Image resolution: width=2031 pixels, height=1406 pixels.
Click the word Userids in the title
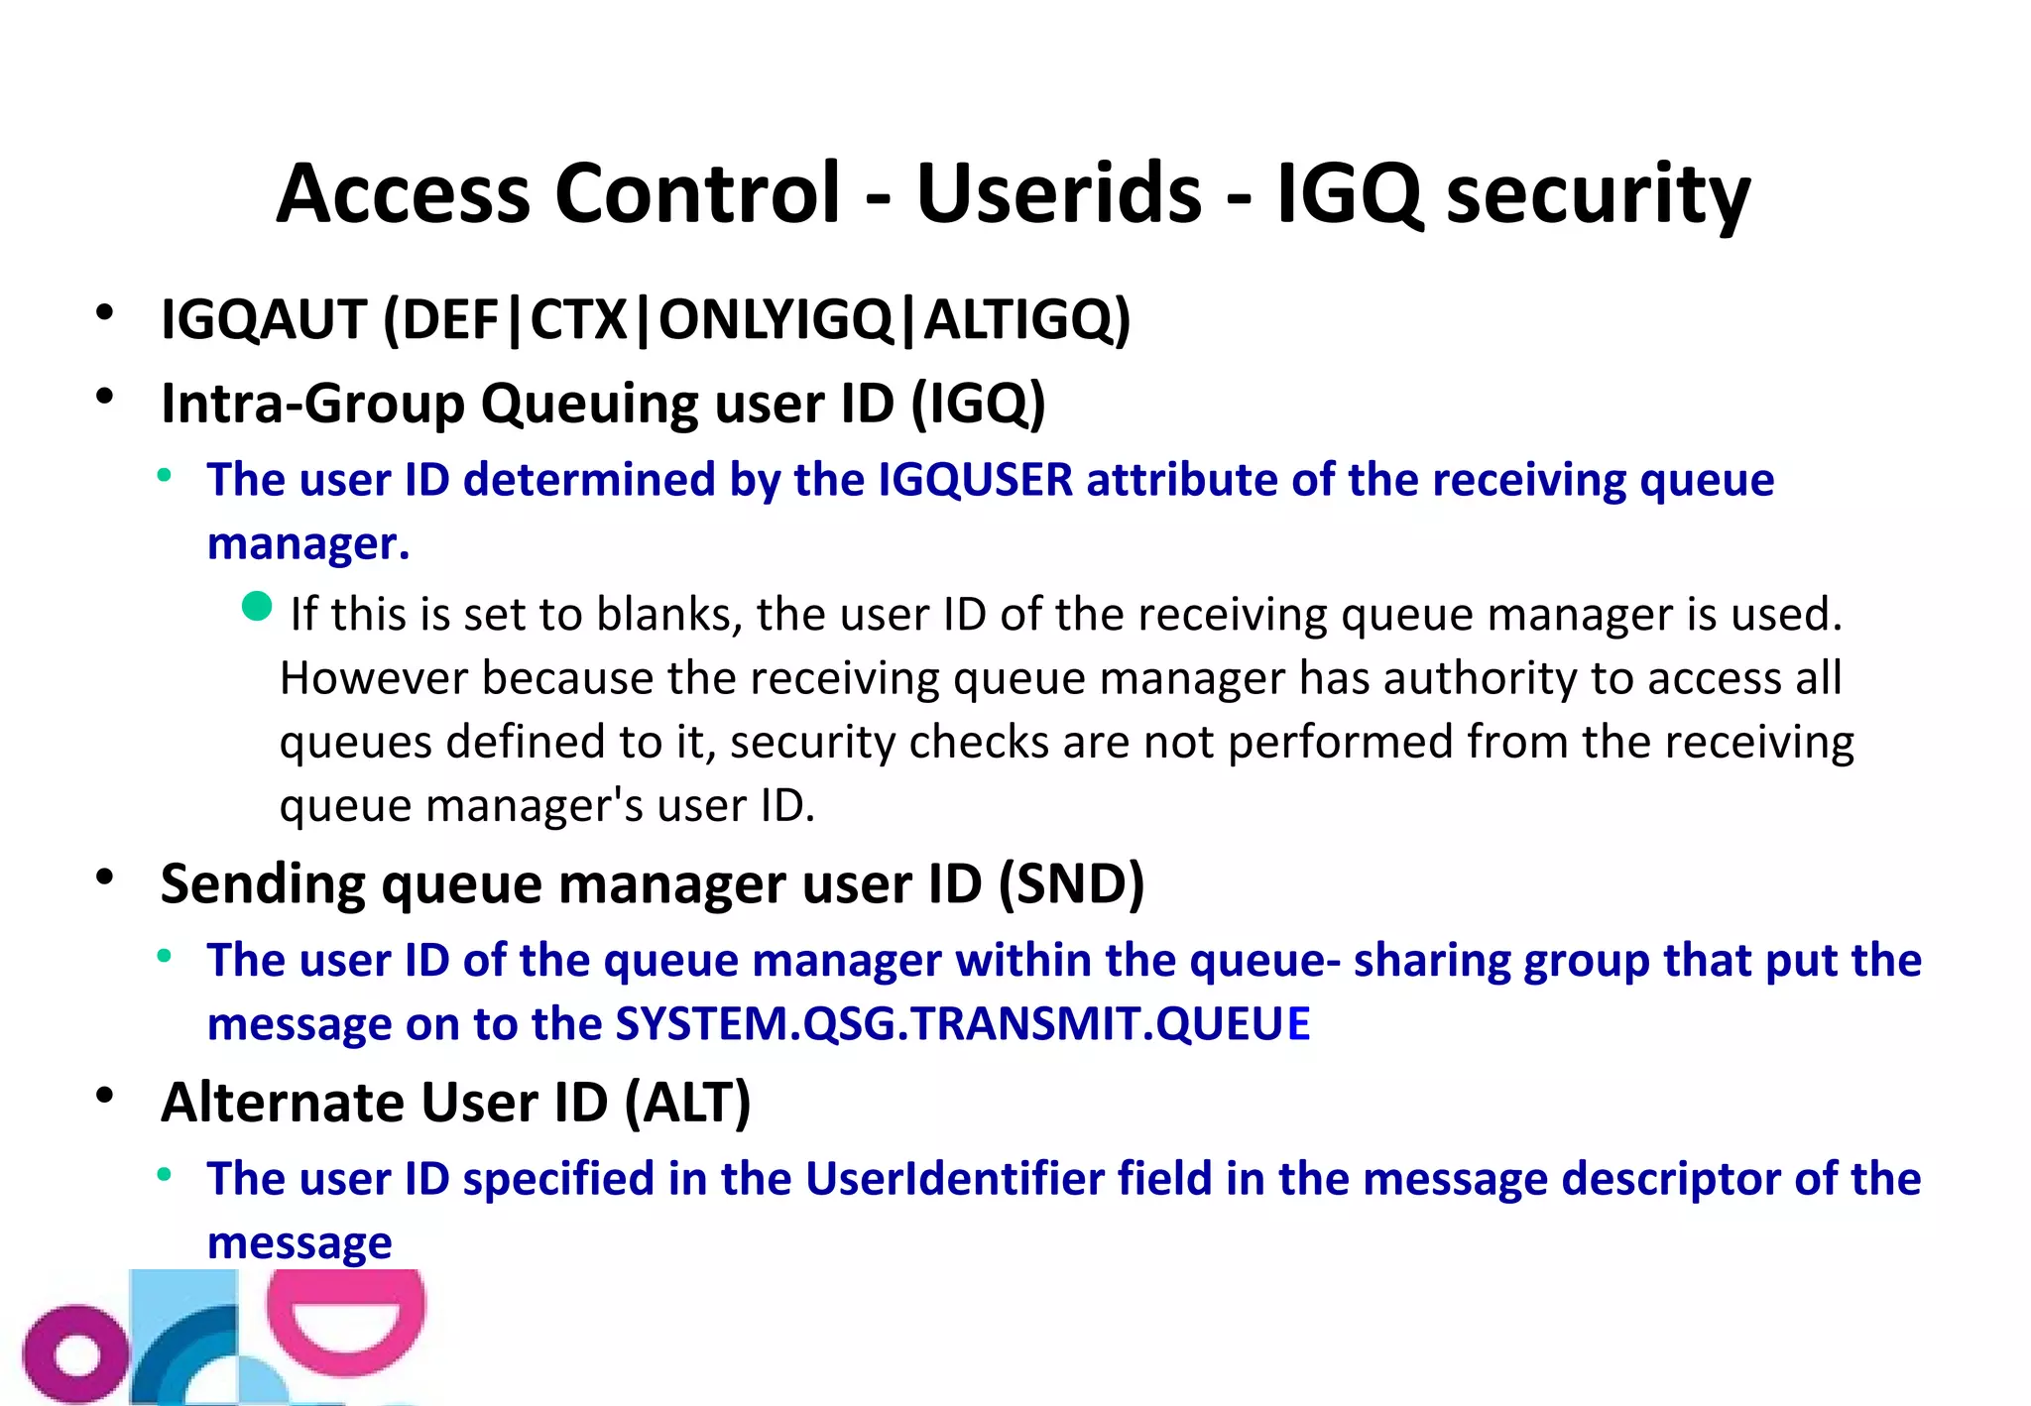pyautogui.click(x=1059, y=193)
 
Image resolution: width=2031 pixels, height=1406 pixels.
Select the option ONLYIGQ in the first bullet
pyautogui.click(x=777, y=320)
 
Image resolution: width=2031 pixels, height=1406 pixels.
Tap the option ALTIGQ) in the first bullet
pyautogui.click(x=1027, y=320)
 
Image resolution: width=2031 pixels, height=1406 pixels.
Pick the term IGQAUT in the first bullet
pyautogui.click(x=264, y=320)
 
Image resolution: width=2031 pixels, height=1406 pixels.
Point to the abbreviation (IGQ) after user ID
pyautogui.click(x=978, y=405)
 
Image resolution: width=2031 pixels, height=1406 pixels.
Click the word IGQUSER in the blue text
pyautogui.click(x=976, y=480)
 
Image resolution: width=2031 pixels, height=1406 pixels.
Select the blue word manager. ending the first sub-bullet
pyautogui.click(x=307, y=543)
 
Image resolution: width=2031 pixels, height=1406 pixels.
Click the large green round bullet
pyautogui.click(x=257, y=606)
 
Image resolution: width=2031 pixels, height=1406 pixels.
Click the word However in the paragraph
pyautogui.click(x=374, y=679)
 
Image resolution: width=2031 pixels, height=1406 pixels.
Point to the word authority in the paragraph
pyautogui.click(x=1481, y=679)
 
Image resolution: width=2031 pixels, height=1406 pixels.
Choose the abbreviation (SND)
pyautogui.click(x=1071, y=883)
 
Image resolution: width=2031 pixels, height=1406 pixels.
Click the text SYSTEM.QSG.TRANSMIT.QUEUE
pyautogui.click(x=962, y=1024)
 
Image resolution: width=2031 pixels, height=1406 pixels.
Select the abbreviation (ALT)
pyautogui.click(x=687, y=1103)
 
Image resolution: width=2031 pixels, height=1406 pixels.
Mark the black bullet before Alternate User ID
pyautogui.click(x=105, y=1096)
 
